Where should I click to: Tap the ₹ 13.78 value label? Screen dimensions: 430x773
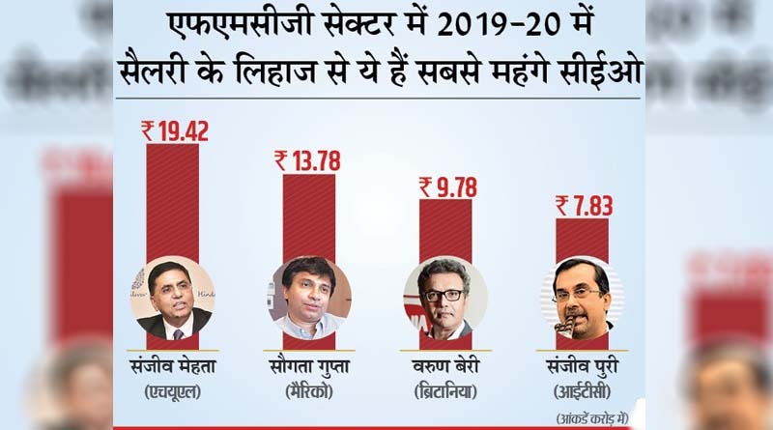coord(308,159)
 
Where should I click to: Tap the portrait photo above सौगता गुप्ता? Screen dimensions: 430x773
coord(309,298)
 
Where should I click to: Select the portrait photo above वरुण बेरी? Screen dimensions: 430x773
coord(444,298)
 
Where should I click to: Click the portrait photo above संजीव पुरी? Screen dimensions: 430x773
coord(583,298)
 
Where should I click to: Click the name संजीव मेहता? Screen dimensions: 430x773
coord(173,367)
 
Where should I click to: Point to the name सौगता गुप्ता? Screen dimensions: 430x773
coord(309,367)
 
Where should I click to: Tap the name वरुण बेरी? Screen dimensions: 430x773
coord(445,367)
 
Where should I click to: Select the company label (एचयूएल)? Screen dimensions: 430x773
coord(173,393)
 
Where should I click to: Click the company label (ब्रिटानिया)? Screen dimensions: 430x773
coord(445,393)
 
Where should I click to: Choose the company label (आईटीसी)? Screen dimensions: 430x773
coord(583,393)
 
